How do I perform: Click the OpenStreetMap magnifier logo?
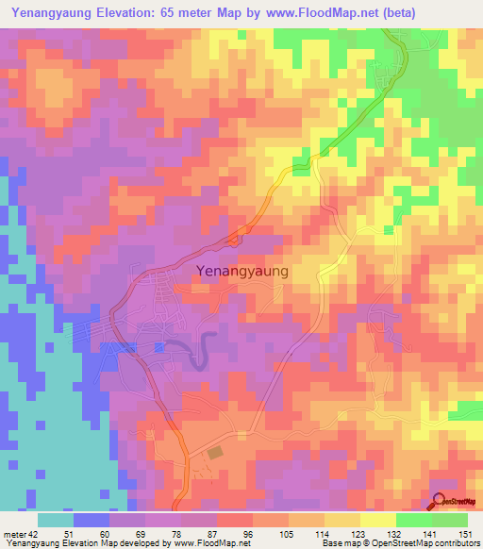click(x=441, y=502)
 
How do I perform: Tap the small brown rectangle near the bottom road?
click(x=216, y=454)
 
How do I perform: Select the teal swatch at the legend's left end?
click(x=55, y=520)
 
